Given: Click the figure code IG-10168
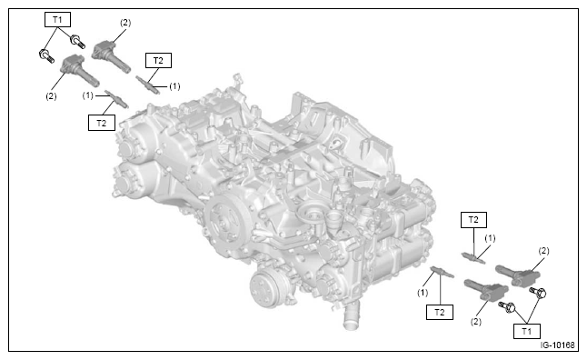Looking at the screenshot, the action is [x=557, y=345].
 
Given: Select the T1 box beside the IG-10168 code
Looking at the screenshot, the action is [x=526, y=331].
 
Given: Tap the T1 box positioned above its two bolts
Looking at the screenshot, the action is [x=57, y=19].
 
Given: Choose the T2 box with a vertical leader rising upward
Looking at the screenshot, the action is [x=440, y=312].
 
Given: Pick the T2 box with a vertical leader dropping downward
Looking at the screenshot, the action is [x=473, y=220].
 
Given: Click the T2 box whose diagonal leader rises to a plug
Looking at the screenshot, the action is [x=102, y=123].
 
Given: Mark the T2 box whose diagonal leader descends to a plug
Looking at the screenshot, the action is [x=158, y=60].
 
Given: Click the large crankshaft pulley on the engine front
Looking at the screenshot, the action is [x=225, y=219].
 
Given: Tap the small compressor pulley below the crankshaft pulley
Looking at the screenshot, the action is [x=265, y=289].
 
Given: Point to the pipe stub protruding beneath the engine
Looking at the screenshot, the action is [x=352, y=316].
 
